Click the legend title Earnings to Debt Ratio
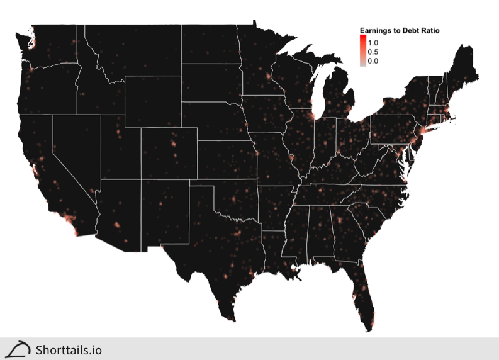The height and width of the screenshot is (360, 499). pos(399,30)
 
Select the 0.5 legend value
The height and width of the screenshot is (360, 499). pos(373,52)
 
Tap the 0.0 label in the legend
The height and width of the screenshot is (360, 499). pos(373,61)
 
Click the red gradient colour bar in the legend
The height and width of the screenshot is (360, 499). pos(362,50)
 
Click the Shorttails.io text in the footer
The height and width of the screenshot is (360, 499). pos(69,350)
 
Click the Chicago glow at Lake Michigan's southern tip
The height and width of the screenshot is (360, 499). pos(311,117)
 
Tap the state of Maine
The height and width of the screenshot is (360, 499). pos(463,69)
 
